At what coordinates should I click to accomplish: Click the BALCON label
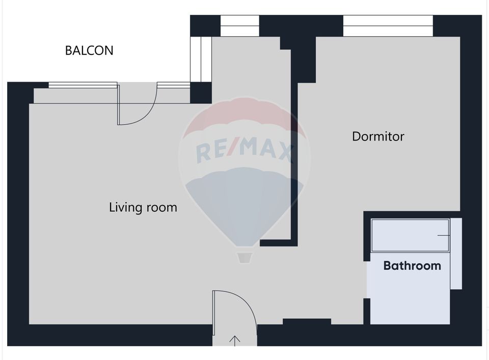coord(89,50)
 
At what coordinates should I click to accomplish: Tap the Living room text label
coord(143,207)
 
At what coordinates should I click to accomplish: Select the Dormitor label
coord(378,136)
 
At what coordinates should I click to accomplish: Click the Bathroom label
coord(412,266)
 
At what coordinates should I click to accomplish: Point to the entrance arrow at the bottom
coord(235,340)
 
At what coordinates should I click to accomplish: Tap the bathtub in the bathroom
coord(410,235)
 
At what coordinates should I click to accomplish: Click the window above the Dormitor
coord(388,25)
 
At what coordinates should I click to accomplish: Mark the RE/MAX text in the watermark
coord(244,151)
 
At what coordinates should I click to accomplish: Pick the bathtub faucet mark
coord(445,235)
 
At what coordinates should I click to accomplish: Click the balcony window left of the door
coord(83,86)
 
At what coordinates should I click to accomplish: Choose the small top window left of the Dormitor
coord(239,25)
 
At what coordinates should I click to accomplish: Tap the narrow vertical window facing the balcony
coord(201,59)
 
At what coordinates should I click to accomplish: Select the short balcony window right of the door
coord(173,85)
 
